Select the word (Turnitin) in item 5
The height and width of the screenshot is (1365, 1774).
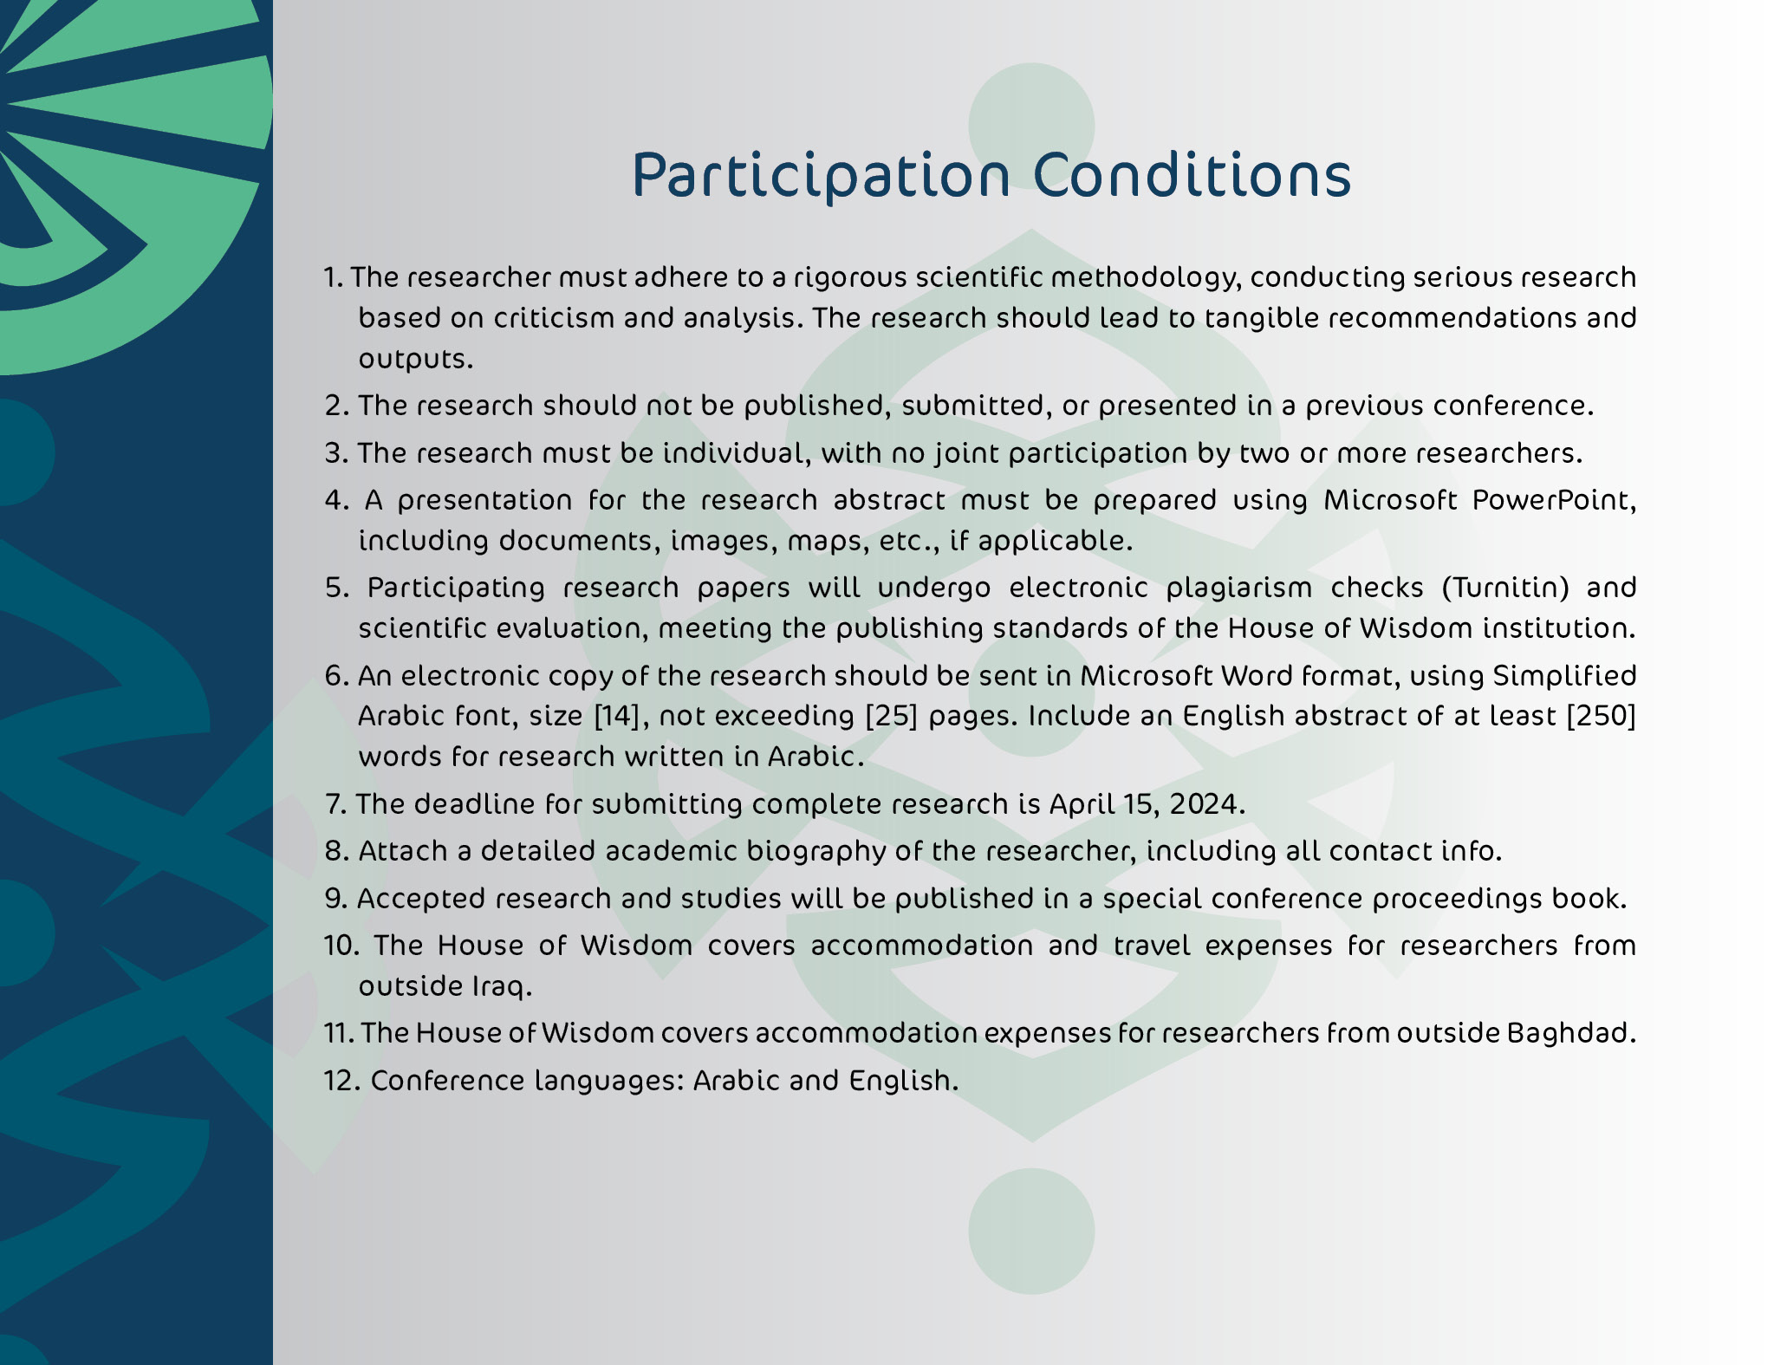pos(1506,588)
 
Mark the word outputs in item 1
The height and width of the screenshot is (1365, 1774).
pos(416,360)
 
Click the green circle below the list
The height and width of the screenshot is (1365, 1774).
pos(1031,1231)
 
